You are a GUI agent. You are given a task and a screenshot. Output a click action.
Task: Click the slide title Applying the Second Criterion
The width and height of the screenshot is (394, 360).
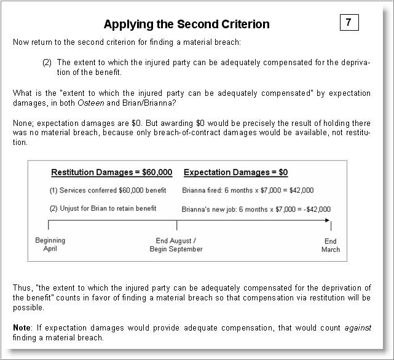[x=186, y=25]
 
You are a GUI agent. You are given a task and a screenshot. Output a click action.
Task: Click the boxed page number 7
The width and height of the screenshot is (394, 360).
[x=349, y=23]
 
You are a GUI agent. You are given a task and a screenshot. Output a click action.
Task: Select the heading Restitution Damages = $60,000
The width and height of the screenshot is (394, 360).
[x=111, y=173]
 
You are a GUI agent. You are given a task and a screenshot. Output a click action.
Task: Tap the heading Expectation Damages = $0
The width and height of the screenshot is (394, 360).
[x=235, y=173]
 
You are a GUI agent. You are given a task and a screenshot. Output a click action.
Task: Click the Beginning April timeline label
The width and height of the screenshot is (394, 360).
[x=50, y=245]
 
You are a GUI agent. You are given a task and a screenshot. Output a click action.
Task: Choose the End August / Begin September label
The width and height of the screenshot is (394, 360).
[x=176, y=245]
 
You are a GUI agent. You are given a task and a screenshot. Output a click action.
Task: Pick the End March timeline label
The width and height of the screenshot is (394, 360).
[x=331, y=245]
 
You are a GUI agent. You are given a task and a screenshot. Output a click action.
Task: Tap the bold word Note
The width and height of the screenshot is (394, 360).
[x=22, y=328]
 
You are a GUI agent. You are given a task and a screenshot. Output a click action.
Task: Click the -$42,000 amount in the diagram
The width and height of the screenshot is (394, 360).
[x=315, y=209]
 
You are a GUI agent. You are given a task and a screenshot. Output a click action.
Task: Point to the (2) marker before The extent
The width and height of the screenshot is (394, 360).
[x=47, y=63]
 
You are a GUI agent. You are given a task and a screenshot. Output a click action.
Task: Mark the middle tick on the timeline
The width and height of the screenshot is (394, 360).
[x=177, y=224]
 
